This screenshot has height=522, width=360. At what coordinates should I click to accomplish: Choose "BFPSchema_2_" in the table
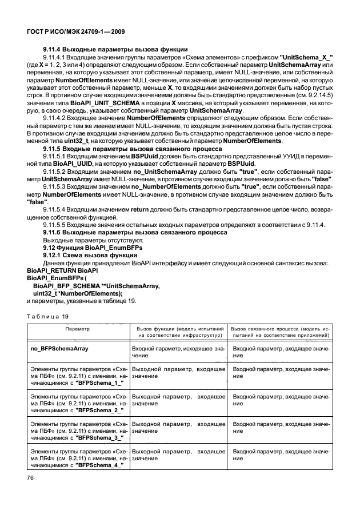pyautogui.click(x=95, y=410)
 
